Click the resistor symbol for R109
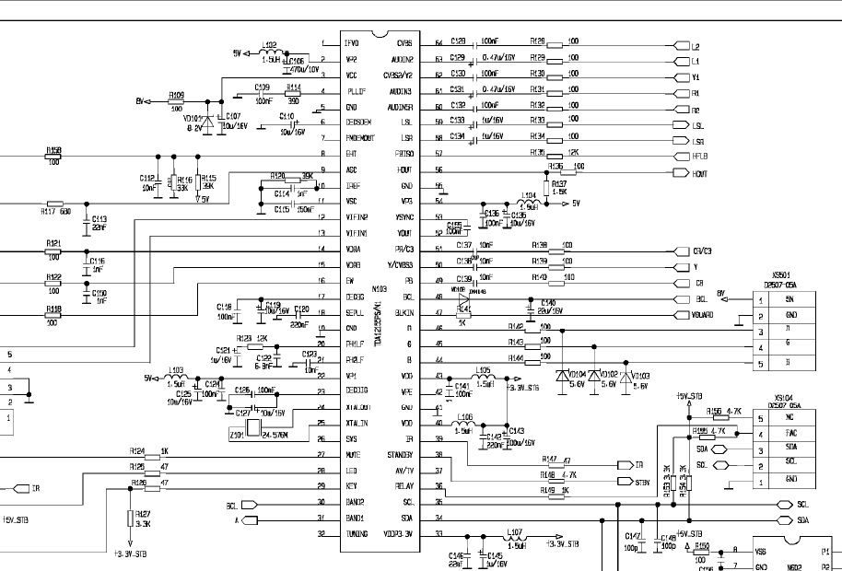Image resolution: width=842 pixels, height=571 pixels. (177, 101)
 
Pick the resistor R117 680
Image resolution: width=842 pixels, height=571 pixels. (55, 204)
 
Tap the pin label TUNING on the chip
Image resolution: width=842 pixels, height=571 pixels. (356, 534)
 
